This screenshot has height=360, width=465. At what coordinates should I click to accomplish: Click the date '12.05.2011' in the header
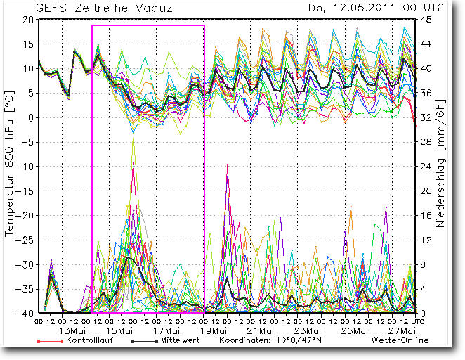pyautogui.click(x=360, y=8)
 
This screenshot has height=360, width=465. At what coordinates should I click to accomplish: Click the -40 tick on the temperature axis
pyautogui.click(x=27, y=313)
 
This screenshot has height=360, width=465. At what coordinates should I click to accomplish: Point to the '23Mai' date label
pyautogui.click(x=308, y=331)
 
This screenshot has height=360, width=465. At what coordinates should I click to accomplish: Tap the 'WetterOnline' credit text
pyautogui.click(x=400, y=340)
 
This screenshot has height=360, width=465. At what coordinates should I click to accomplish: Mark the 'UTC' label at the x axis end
pyautogui.click(x=418, y=321)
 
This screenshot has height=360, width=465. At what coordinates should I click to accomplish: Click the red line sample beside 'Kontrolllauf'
pyautogui.click(x=48, y=340)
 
